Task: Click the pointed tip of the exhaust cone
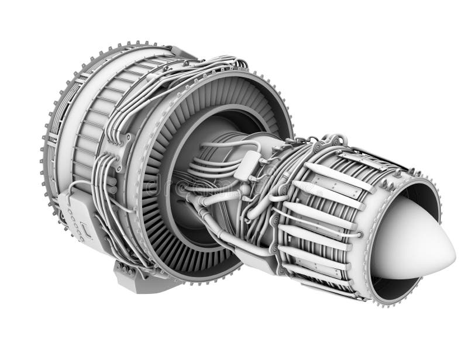(453, 253)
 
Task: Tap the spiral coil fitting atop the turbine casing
(336, 140)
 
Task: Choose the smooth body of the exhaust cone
(409, 240)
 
